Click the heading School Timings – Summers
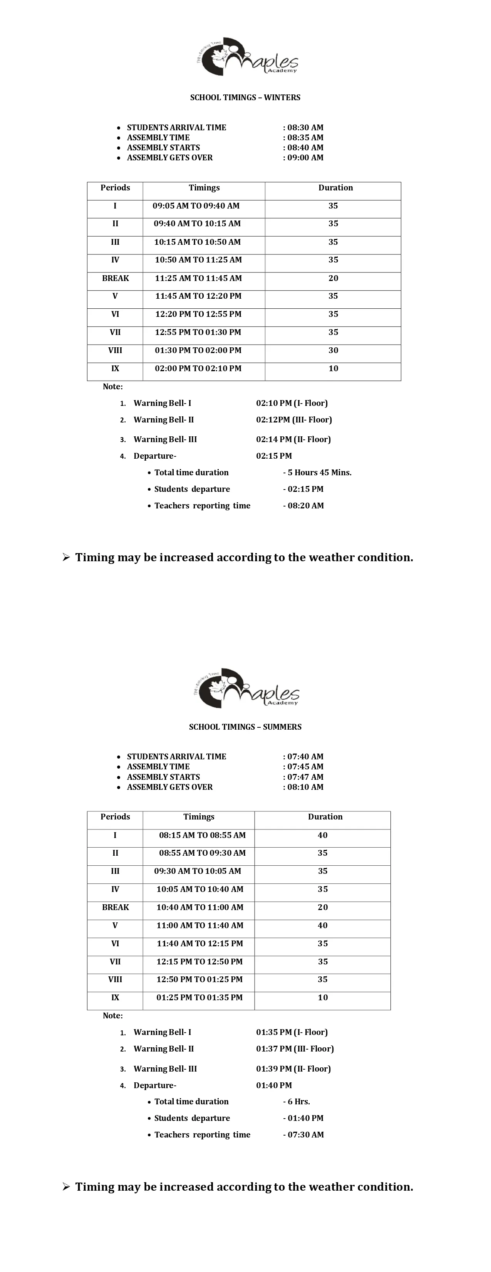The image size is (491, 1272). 245,727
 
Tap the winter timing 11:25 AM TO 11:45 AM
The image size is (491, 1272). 198,278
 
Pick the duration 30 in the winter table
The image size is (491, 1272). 333,350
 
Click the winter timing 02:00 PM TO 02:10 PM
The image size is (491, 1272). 198,368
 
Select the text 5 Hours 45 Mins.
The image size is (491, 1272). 319,473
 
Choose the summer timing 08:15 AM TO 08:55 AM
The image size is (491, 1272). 202,835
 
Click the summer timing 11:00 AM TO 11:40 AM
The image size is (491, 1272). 200,925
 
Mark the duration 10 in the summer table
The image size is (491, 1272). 323,998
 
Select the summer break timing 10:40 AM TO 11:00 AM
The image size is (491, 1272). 200,907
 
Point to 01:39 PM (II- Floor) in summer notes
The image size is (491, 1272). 293,1068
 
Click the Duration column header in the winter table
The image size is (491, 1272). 335,188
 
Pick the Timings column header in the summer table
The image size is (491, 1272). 199,817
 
